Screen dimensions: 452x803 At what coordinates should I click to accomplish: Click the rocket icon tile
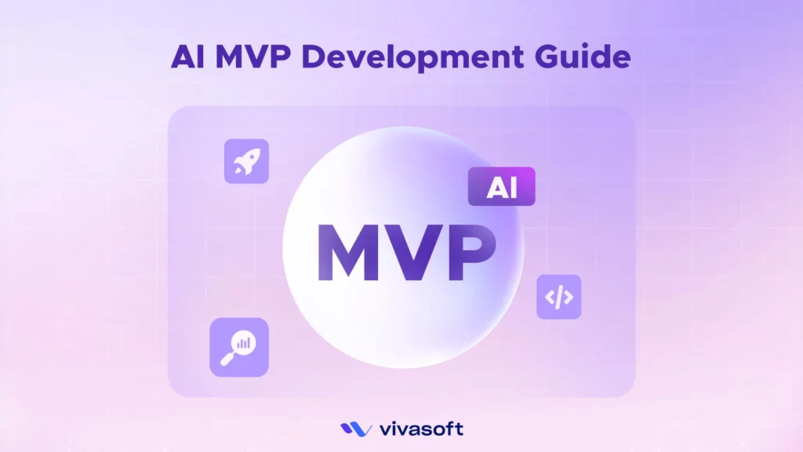click(246, 162)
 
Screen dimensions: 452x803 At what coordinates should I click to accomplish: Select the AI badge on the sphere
click(501, 187)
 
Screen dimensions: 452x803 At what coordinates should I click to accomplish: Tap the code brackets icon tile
click(558, 297)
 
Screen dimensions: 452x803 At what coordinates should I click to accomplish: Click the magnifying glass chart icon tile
click(238, 347)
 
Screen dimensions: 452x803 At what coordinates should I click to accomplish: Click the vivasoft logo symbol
click(356, 428)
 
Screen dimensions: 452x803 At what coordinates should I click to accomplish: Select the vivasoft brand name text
click(421, 428)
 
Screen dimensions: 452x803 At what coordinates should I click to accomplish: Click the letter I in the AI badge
click(514, 188)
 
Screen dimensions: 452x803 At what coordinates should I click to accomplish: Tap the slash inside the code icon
click(558, 297)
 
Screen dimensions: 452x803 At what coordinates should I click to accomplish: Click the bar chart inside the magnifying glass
click(244, 342)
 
